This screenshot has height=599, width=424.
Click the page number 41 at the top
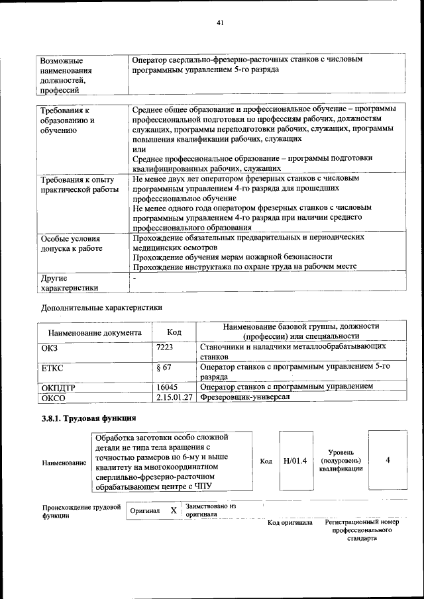[220, 23]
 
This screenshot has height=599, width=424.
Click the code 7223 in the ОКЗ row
[164, 347]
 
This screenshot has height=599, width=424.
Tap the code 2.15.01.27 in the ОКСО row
[175, 397]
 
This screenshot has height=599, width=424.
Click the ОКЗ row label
[50, 347]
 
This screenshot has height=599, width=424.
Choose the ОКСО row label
[53, 398]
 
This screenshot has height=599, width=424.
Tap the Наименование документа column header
[95, 332]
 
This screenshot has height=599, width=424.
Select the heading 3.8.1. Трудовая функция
[89, 418]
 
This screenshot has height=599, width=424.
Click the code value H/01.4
[295, 461]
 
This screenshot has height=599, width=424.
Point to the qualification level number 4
[388, 460]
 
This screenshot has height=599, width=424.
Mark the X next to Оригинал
[174, 510]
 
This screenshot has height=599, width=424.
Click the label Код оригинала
[290, 523]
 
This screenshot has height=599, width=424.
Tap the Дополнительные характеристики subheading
[101, 307]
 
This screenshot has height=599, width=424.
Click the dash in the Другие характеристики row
[134, 279]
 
